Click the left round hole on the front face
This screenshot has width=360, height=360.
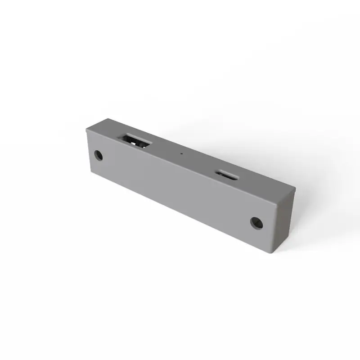coord(99,156)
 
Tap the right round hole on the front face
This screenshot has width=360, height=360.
coord(256,222)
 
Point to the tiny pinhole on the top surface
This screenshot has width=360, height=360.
coord(181,153)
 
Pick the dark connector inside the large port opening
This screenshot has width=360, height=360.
coord(135,141)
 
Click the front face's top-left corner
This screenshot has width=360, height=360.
coord(86,129)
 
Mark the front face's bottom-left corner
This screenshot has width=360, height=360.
coord(90,173)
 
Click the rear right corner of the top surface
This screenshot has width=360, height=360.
coord(295,189)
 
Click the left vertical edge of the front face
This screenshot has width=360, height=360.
coord(88,151)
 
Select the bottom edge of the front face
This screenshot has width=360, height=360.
coord(180,213)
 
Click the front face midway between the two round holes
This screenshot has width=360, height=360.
coord(178,189)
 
